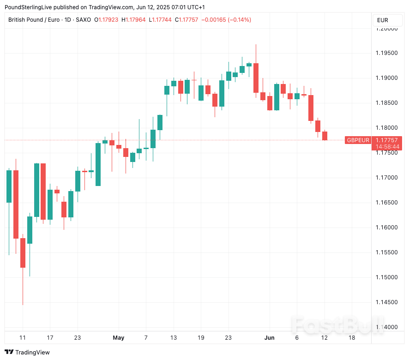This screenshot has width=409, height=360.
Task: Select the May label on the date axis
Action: tap(119, 338)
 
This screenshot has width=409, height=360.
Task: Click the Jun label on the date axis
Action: tap(270, 338)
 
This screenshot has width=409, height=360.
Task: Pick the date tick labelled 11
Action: tap(23, 338)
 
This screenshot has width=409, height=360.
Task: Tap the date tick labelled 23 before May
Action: tap(78, 338)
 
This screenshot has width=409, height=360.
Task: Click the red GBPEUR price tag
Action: tap(358, 140)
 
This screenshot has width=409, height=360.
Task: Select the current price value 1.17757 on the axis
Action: tap(387, 140)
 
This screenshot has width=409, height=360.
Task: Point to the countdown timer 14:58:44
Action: tap(387, 147)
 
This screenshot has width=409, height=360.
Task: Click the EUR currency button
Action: tap(383, 20)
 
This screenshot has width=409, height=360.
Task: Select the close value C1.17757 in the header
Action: tap(189, 20)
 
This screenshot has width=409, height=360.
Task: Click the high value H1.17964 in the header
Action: tap(134, 20)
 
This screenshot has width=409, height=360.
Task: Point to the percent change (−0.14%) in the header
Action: tap(239, 20)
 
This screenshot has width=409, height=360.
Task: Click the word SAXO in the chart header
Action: tap(84, 20)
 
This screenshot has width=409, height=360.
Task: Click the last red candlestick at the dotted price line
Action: tap(325, 136)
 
